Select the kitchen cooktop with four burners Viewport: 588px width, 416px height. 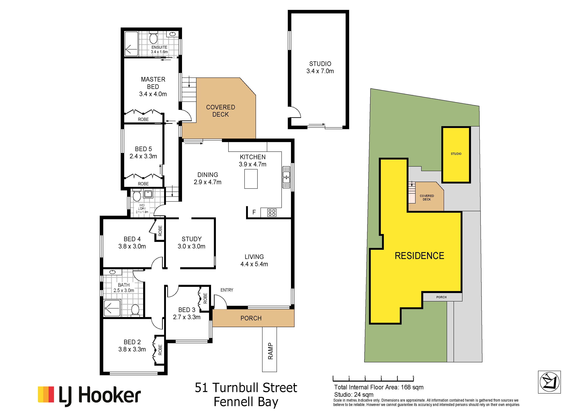pyautogui.click(x=272, y=213)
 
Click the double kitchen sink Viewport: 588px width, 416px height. pyautogui.click(x=286, y=177)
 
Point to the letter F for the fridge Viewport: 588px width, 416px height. pyautogui.click(x=254, y=212)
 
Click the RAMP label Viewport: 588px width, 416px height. pyautogui.click(x=270, y=351)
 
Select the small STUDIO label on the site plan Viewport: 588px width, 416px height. pyautogui.click(x=456, y=154)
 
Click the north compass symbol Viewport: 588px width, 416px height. pyautogui.click(x=549, y=382)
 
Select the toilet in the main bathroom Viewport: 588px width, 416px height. pyautogui.click(x=135, y=310)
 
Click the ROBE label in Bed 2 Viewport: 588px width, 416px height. pyautogui.click(x=160, y=350)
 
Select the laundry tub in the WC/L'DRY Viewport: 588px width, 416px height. pyautogui.click(x=148, y=194)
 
